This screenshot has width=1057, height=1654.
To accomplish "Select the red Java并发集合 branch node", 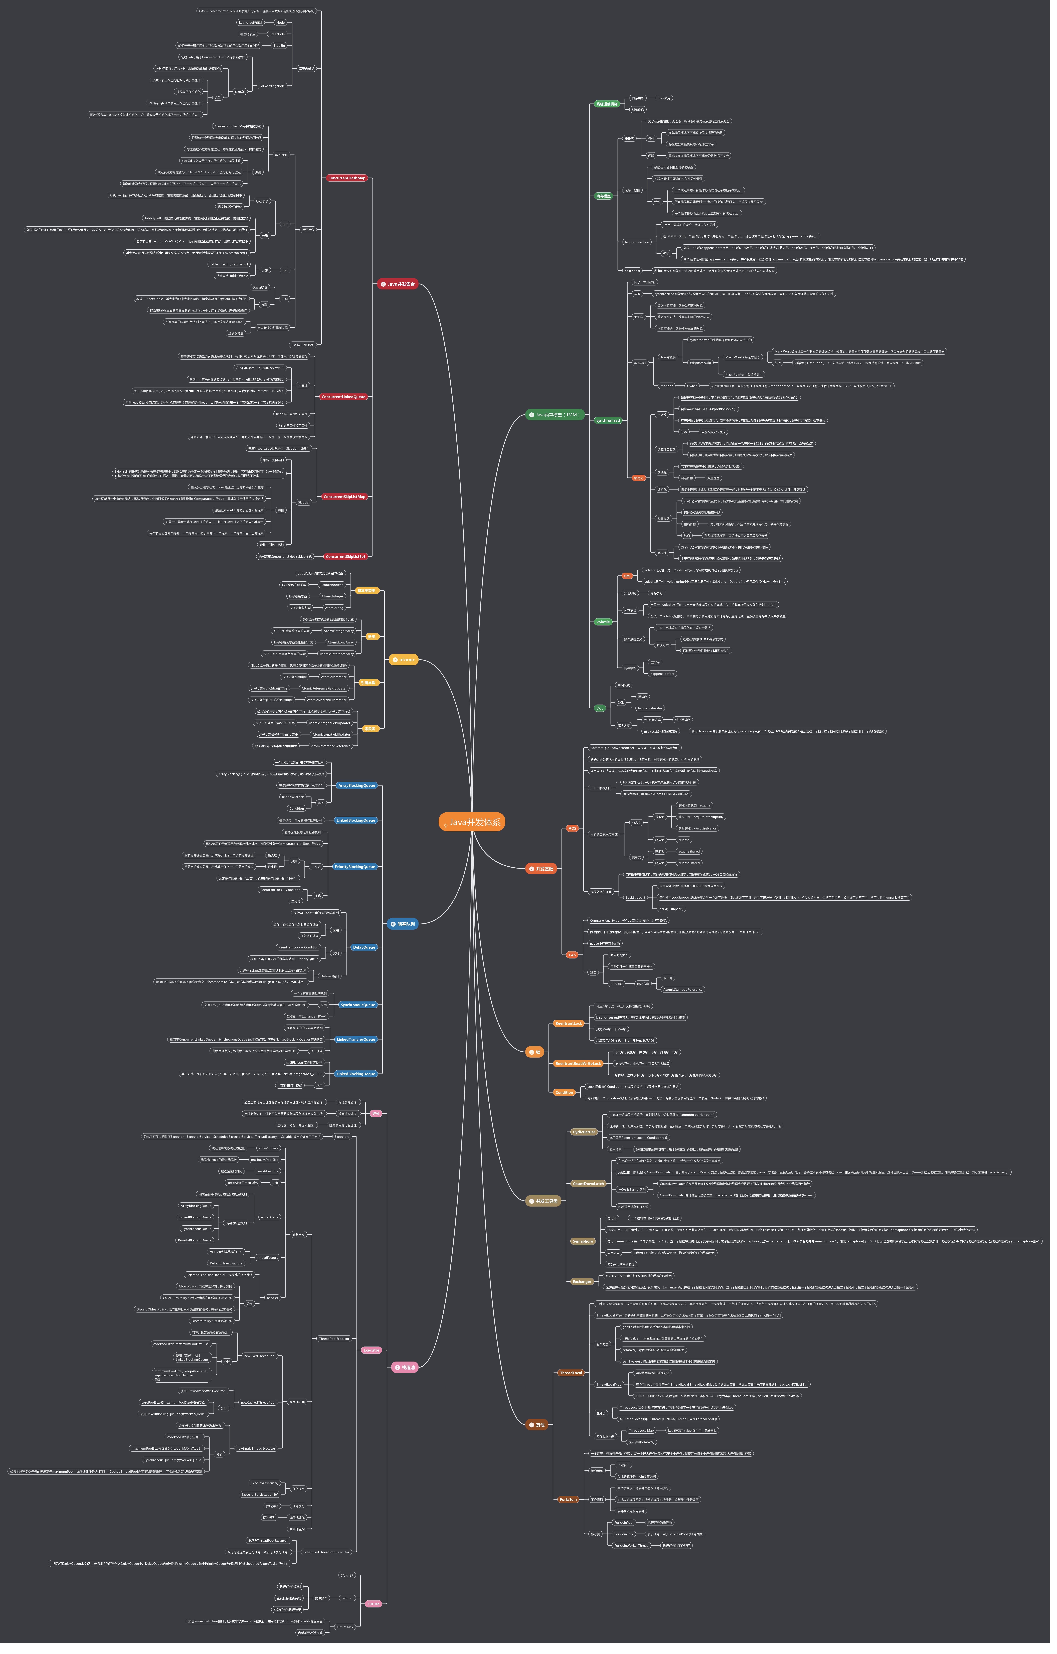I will tap(398, 284).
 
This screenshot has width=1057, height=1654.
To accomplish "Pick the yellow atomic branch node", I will tap(404, 659).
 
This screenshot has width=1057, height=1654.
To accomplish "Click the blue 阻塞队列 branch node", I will tap(403, 924).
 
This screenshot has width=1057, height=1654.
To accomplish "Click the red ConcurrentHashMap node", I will tap(347, 178).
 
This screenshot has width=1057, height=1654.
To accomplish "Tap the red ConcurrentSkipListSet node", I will tap(345, 556).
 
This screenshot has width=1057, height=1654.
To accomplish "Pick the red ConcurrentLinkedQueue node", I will tap(343, 396).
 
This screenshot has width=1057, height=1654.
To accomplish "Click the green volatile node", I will tap(603, 622).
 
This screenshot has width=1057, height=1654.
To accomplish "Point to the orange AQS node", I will tap(572, 828).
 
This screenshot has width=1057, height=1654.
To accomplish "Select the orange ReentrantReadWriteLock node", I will tap(578, 1063).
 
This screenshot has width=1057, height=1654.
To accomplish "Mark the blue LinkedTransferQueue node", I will tap(356, 1039).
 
